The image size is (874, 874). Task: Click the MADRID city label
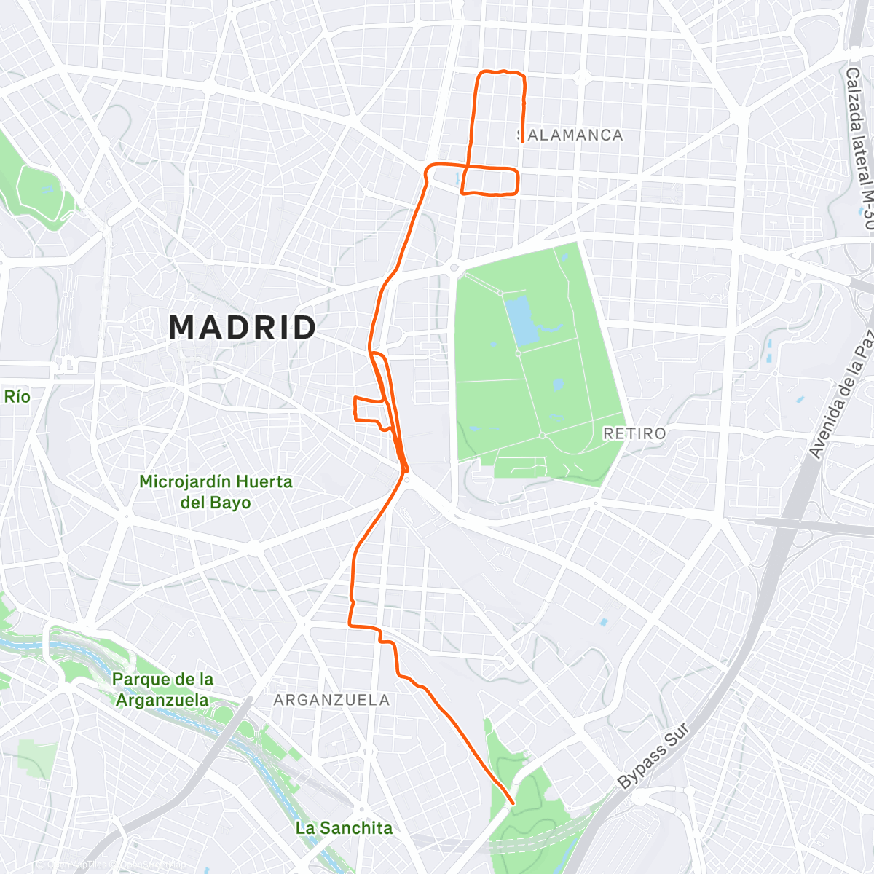pos(243,328)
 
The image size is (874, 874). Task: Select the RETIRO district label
pos(634,433)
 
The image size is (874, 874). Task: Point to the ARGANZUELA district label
pos(331,700)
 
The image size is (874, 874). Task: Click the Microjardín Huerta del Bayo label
pos(216,492)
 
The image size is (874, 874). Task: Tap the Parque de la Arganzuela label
pos(162,690)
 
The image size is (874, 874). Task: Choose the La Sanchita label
pos(344,828)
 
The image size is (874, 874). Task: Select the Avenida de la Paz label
pos(842,394)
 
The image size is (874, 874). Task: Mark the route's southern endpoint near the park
pos(513,803)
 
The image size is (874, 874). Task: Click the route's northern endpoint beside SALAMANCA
pos(522,141)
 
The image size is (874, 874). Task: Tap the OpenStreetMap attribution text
pos(109,865)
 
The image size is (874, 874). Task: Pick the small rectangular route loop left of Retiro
pos(368,409)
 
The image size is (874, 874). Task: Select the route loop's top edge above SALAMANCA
pos(500,72)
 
